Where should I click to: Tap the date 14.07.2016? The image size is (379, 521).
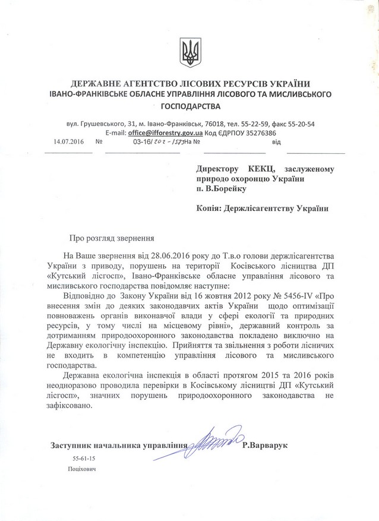(66, 143)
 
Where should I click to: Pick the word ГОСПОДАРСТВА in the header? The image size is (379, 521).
(190, 107)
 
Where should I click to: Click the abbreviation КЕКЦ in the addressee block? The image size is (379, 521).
(252, 169)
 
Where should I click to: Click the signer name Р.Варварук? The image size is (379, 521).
(265, 446)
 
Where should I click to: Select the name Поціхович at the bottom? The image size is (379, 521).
(82, 469)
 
